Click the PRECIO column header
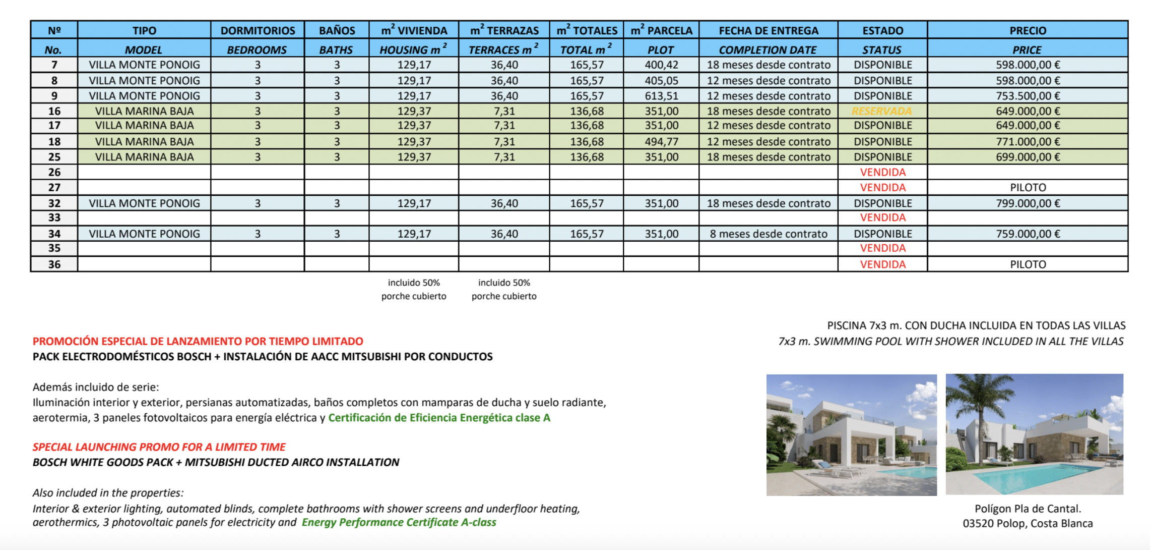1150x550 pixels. point(1028,30)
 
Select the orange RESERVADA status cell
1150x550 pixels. point(882,111)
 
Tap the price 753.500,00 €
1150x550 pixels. point(1028,96)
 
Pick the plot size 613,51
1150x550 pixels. point(661,96)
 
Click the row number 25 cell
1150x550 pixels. point(54,157)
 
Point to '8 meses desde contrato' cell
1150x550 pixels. point(769,234)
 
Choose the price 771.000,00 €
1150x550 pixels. point(1028,142)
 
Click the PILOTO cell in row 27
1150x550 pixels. point(1028,188)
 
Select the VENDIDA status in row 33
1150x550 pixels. point(882,217)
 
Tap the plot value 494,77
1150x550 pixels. point(661,142)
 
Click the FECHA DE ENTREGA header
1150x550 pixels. point(769,30)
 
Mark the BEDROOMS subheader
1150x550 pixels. point(257,50)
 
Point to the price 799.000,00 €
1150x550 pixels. point(1028,203)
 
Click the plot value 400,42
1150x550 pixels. point(661,65)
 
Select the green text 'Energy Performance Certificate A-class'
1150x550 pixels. point(399,522)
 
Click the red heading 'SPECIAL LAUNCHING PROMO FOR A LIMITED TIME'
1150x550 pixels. point(159,447)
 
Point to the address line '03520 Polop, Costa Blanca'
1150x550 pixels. point(1028,523)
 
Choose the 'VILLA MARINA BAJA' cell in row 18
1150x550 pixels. point(144,142)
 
